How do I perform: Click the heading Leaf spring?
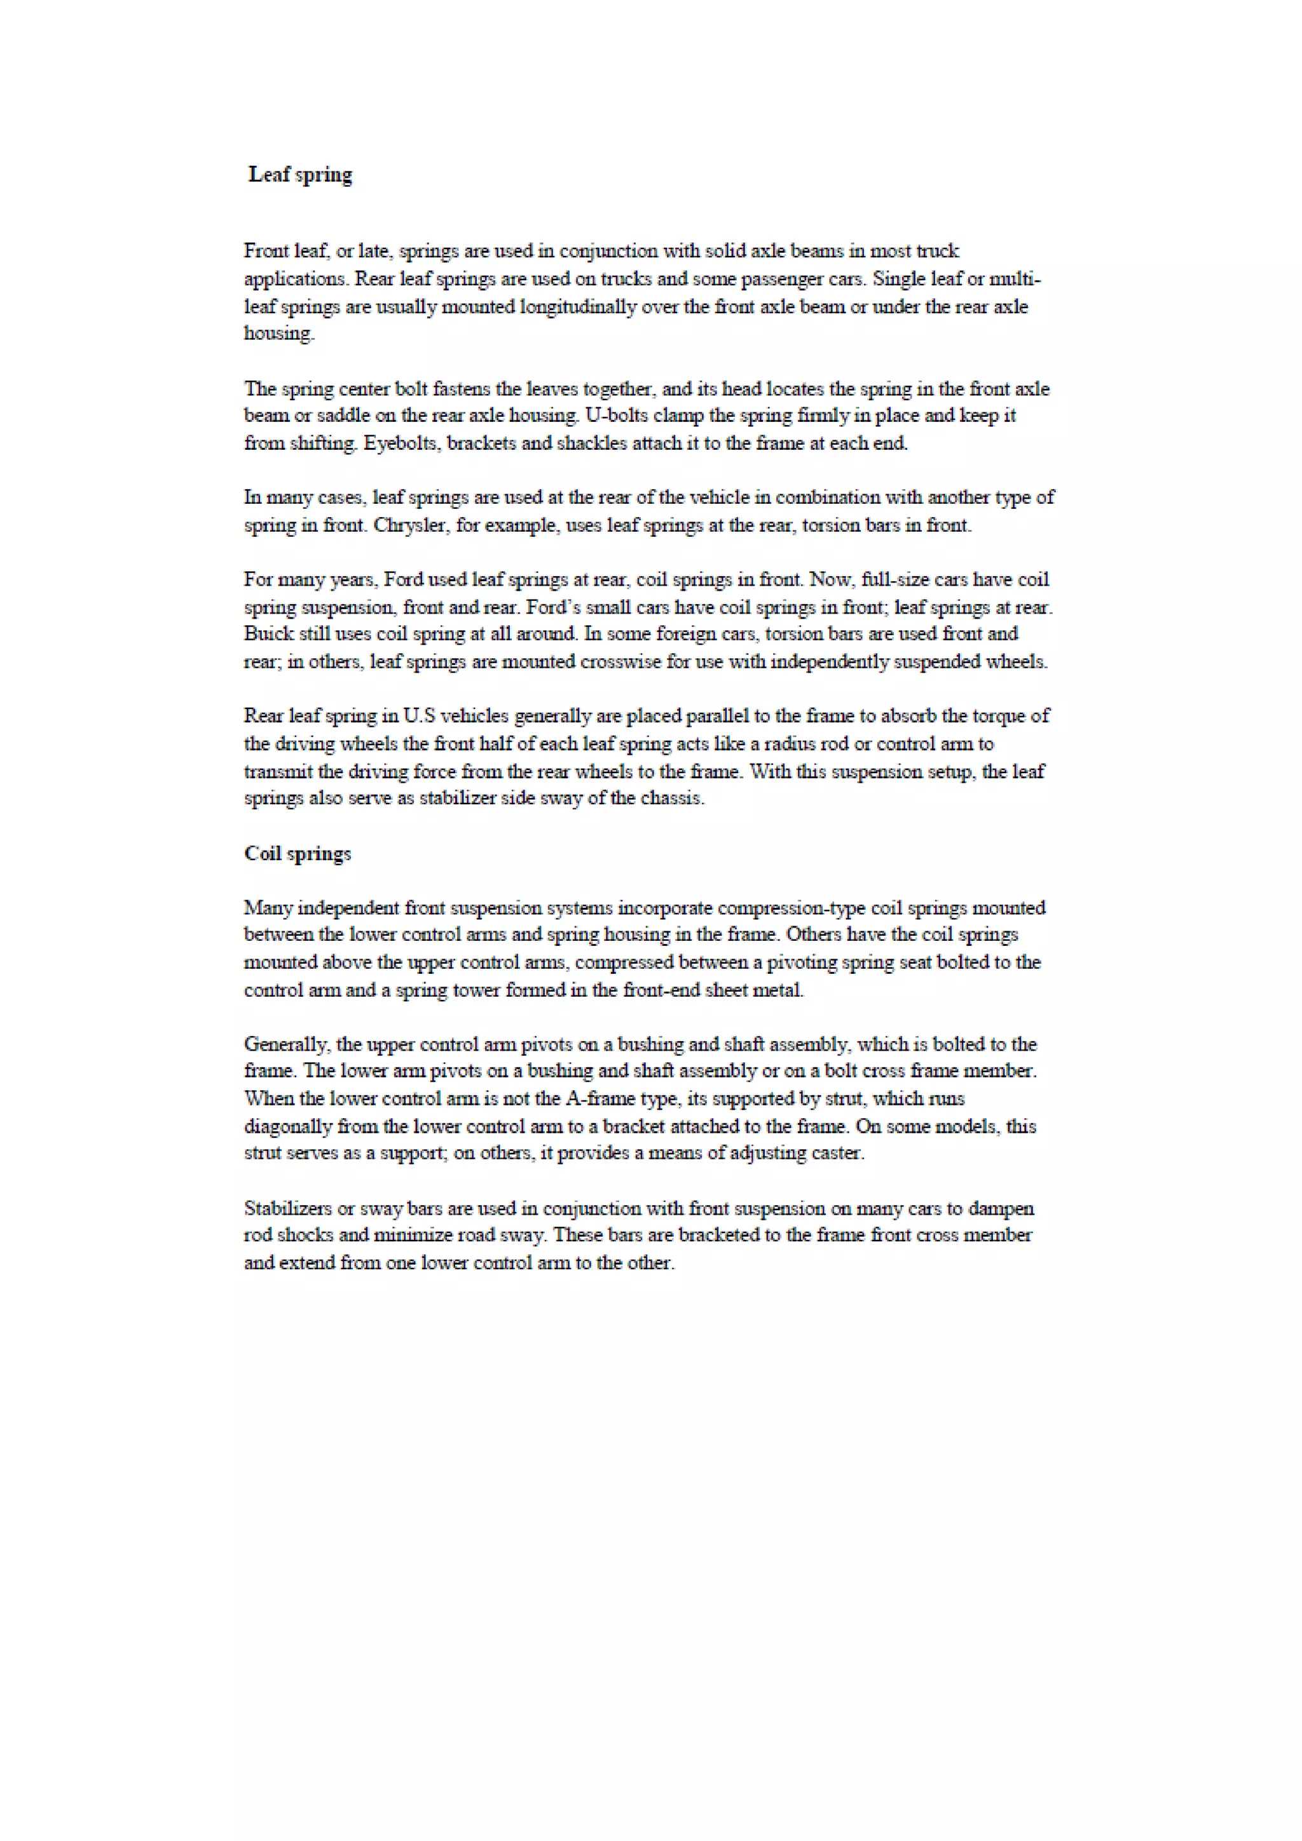(x=300, y=175)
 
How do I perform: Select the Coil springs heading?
(x=298, y=853)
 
